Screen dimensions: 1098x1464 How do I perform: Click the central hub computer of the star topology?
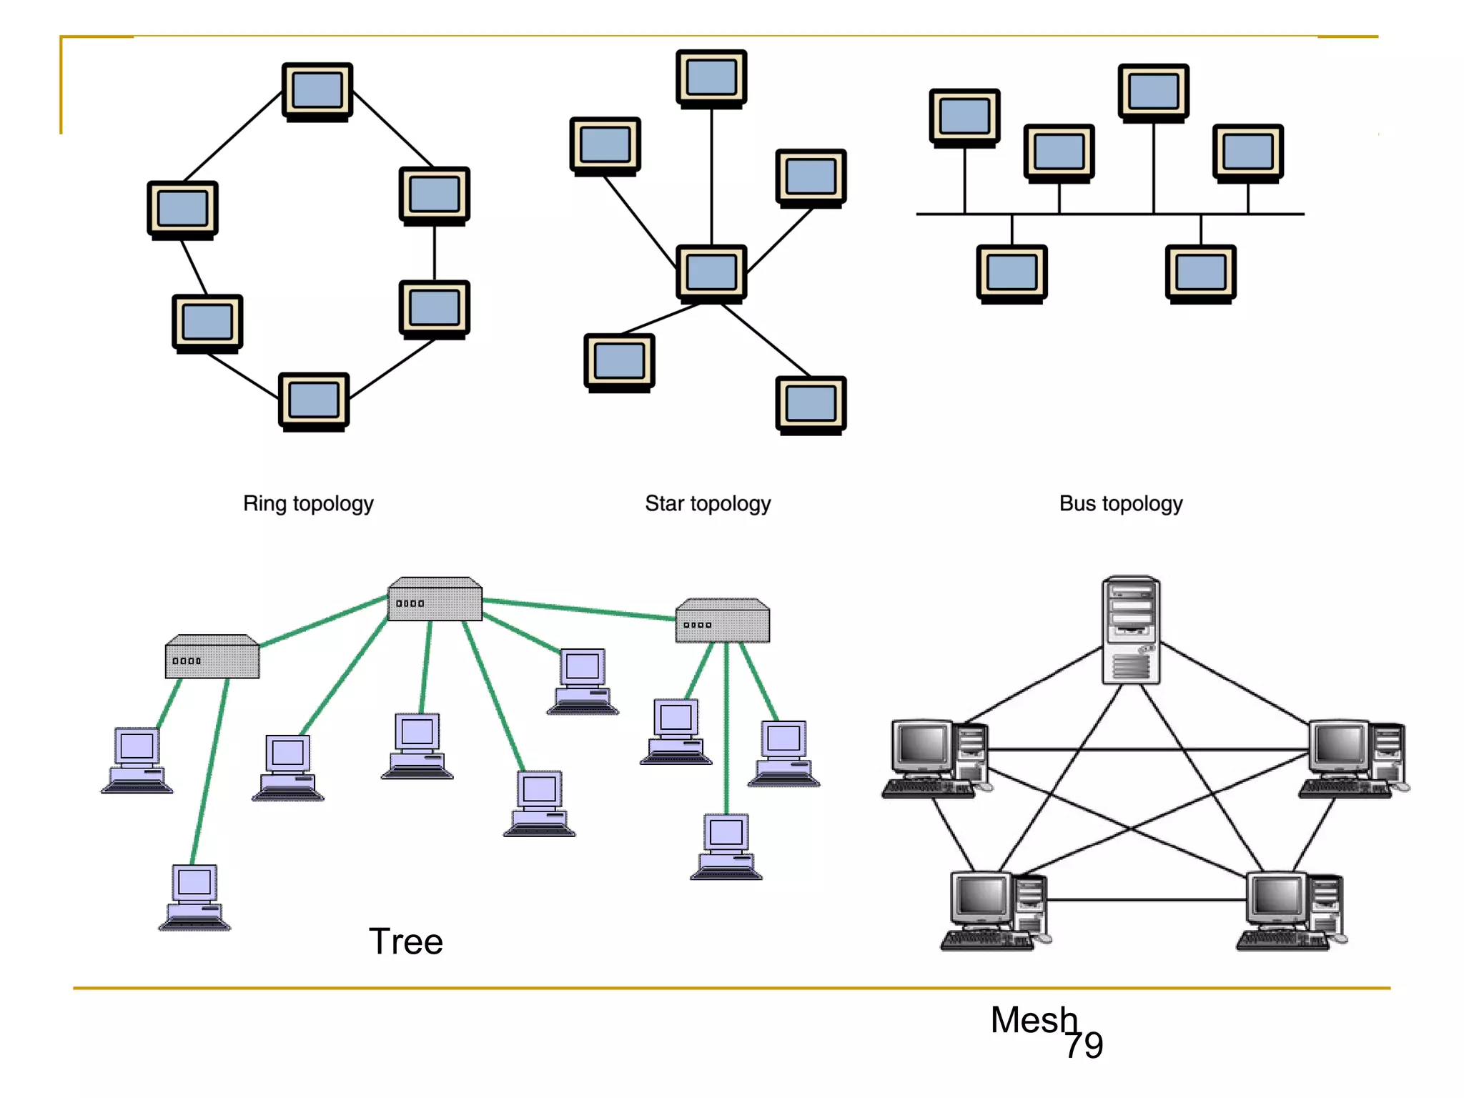point(711,273)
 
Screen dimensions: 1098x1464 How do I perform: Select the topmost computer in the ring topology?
point(317,91)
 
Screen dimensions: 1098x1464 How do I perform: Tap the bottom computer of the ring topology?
point(314,401)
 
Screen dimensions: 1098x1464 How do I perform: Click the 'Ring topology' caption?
point(308,503)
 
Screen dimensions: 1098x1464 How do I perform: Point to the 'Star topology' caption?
point(708,503)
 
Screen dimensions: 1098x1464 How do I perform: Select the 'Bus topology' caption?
point(1120,503)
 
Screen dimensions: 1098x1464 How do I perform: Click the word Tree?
point(405,941)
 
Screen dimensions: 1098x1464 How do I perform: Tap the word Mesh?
point(1032,1019)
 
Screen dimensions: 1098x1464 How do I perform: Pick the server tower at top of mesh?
point(1131,630)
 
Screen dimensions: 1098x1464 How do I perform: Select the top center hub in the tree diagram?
point(435,600)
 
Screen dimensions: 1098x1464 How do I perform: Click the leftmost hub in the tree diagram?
point(212,657)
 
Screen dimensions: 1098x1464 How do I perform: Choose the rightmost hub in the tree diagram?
point(723,621)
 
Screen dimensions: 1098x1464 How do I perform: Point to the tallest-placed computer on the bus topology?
point(1153,92)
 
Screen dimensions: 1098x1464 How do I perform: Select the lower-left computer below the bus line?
point(1012,273)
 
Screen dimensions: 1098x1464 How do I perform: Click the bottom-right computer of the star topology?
point(811,405)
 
